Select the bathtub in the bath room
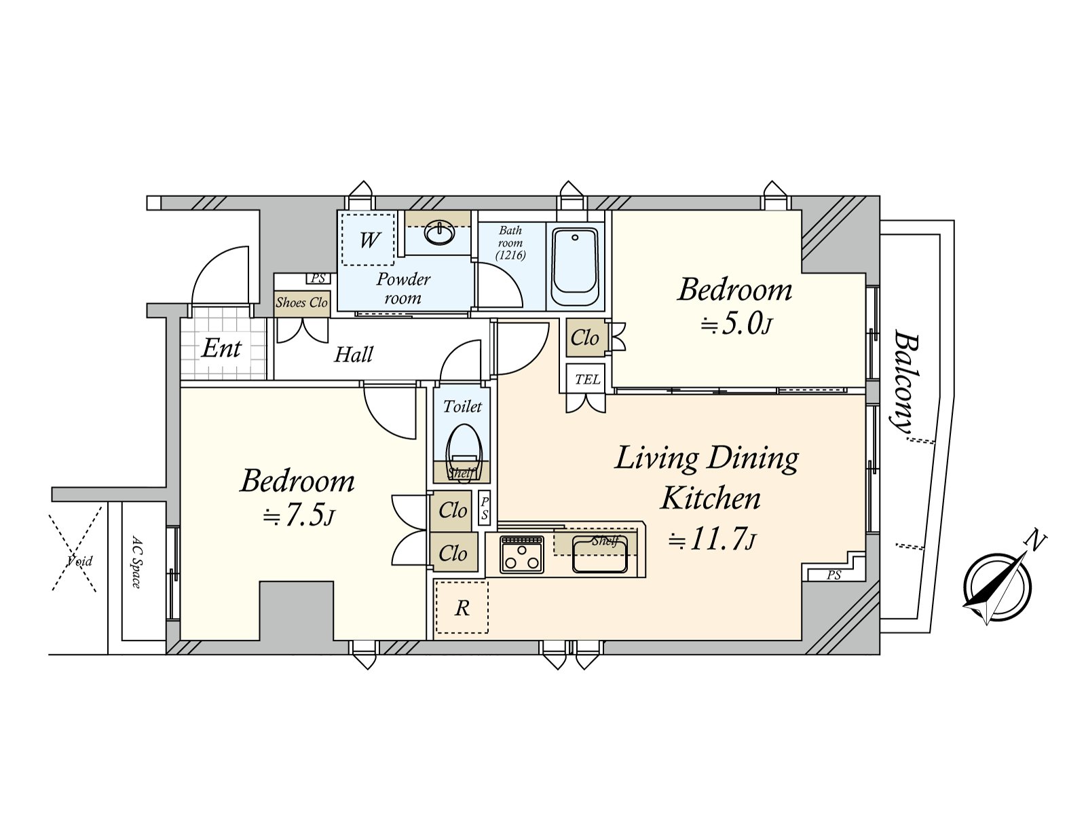click(x=574, y=267)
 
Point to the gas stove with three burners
click(x=521, y=555)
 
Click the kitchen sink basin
click(x=599, y=555)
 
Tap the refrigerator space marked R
click(x=462, y=608)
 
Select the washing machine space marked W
click(x=367, y=240)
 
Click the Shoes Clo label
click(x=301, y=302)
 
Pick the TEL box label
click(x=587, y=380)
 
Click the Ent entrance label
click(x=222, y=348)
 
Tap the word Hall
click(x=353, y=355)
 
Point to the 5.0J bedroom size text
click(x=736, y=325)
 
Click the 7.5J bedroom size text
click(x=299, y=517)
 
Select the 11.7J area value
click(x=712, y=541)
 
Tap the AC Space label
click(x=136, y=561)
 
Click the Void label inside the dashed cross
click(x=79, y=561)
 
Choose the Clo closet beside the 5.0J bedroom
click(x=585, y=338)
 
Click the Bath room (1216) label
click(x=510, y=242)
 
